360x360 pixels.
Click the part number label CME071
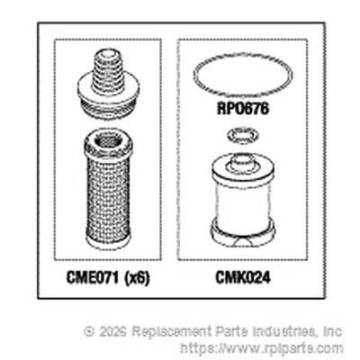pyautogui.click(x=93, y=278)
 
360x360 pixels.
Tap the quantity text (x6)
pyautogui.click(x=136, y=279)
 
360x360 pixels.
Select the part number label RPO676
pyautogui.click(x=243, y=109)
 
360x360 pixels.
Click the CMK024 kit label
pyautogui.click(x=243, y=278)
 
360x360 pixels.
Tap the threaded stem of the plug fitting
pyautogui.click(x=108, y=70)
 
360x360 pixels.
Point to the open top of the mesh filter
pyautogui.click(x=108, y=139)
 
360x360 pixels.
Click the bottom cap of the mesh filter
pyautogui.click(x=108, y=241)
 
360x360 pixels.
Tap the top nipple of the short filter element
pyautogui.click(x=243, y=161)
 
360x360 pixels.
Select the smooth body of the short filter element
pyautogui.click(x=243, y=201)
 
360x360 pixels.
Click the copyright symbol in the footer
pyautogui.click(x=89, y=331)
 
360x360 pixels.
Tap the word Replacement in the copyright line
pyautogui.click(x=172, y=332)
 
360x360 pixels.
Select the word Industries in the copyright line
pyautogui.click(x=285, y=331)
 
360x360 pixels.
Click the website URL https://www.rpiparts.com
pyautogui.click(x=261, y=348)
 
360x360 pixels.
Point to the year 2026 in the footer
pyautogui.click(x=112, y=331)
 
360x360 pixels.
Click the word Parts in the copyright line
pyautogui.click(x=232, y=331)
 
